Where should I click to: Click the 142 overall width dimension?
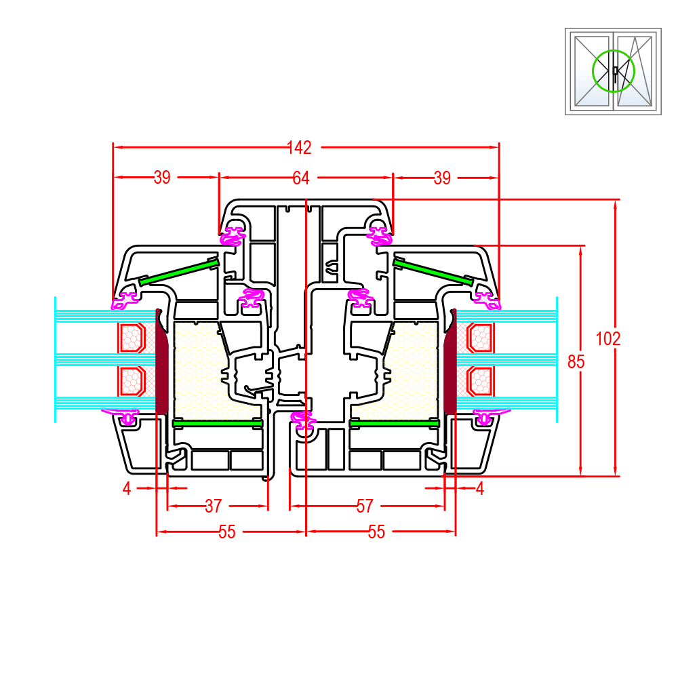point(299,146)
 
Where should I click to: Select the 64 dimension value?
point(301,178)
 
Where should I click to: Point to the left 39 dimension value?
point(162,178)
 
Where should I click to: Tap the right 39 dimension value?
point(442,178)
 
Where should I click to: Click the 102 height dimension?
point(608,338)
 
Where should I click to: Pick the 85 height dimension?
point(576,361)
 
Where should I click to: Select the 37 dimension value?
point(214,506)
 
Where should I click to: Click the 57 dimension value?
point(365,506)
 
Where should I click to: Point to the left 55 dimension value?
point(227,532)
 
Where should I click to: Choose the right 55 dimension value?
point(377,532)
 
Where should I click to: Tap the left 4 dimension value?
point(126,488)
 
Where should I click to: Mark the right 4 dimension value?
point(480,488)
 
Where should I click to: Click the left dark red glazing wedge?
point(162,363)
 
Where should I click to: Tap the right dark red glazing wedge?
point(450,363)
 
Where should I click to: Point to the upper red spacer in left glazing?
point(133,338)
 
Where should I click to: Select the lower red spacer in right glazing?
point(480,381)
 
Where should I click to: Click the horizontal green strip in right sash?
point(394,423)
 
